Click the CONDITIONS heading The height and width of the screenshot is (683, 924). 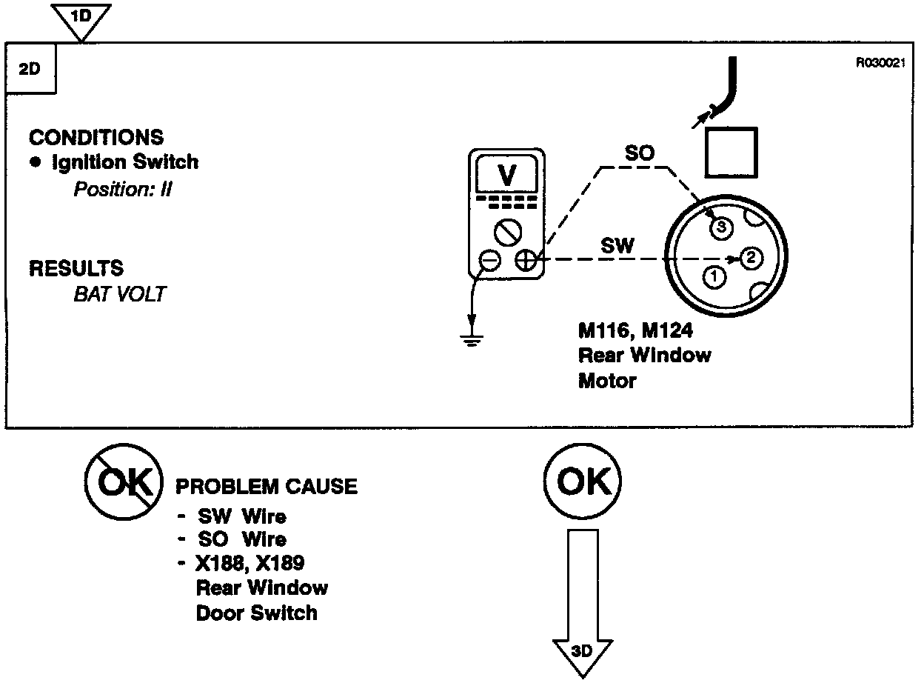[x=96, y=138]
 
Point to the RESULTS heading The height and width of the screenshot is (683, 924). [x=76, y=268]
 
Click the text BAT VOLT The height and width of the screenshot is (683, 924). [x=119, y=294]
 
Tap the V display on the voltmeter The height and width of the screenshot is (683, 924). [x=507, y=175]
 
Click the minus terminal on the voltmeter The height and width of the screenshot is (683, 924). [x=489, y=261]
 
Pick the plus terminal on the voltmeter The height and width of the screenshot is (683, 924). [x=526, y=261]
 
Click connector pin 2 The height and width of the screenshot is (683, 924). [x=750, y=258]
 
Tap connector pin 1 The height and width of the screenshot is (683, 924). [x=714, y=278]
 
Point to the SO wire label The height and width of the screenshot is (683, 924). [x=639, y=154]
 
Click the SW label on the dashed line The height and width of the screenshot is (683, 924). [x=617, y=246]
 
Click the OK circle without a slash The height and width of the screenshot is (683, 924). [x=582, y=483]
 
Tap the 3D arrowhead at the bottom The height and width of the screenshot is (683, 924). [x=582, y=651]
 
